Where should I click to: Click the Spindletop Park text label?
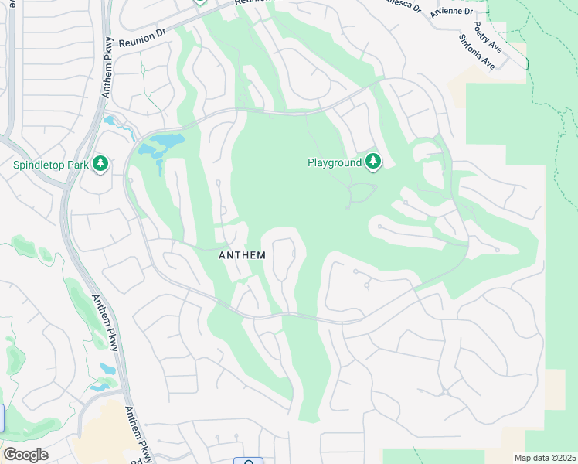click(49, 164)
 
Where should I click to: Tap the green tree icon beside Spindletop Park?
click(100, 164)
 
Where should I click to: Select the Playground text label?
click(335, 162)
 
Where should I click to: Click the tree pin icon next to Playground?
click(374, 162)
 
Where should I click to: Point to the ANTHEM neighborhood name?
click(243, 254)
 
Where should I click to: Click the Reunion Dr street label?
click(144, 39)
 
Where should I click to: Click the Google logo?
click(25, 455)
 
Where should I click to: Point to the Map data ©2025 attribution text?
click(545, 458)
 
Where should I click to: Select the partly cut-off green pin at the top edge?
click(200, 2)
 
